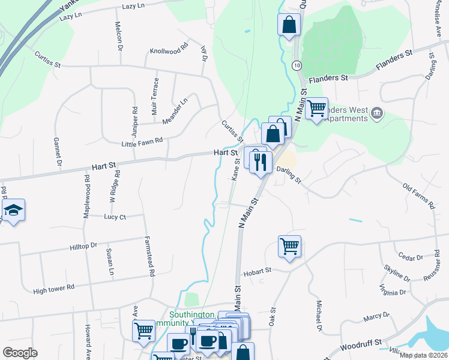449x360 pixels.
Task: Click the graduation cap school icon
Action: click(x=13, y=210)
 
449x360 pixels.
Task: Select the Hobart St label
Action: click(x=257, y=272)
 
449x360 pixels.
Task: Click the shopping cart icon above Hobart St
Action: click(x=289, y=245)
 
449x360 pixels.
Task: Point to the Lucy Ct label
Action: click(x=115, y=217)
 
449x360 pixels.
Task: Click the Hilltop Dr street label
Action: click(x=83, y=246)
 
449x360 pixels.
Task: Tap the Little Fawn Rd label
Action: click(x=142, y=141)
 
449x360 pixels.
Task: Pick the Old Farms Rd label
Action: click(x=418, y=196)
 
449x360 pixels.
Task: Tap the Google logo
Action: click(x=20, y=353)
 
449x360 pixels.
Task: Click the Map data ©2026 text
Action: click(x=423, y=355)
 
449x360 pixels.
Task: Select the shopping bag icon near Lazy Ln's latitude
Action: click(x=289, y=25)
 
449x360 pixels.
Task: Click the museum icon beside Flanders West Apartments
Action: click(x=376, y=113)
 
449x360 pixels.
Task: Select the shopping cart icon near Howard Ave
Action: click(x=144, y=331)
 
